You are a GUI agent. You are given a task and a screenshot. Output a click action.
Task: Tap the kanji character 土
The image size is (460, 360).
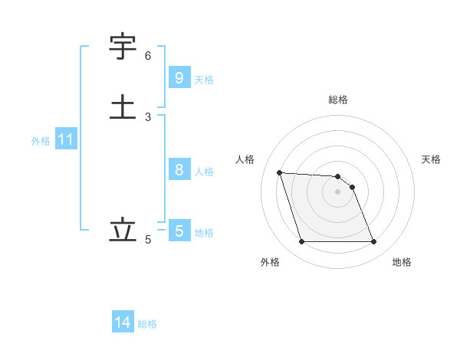pos(123,106)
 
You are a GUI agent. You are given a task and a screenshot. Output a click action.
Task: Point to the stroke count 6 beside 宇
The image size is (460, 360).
pos(148,56)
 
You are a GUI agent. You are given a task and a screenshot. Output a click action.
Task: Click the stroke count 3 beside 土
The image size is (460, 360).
pos(148,116)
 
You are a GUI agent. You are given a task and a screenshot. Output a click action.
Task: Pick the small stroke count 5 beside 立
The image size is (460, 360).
pos(148,240)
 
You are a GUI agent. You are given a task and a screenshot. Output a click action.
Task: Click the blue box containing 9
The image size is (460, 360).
pos(179,78)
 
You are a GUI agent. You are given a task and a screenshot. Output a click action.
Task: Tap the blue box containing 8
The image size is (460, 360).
pos(179,170)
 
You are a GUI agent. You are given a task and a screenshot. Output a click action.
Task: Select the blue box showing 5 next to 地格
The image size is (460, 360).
pos(179,231)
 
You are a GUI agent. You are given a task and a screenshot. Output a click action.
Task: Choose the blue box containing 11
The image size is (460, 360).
pos(66,140)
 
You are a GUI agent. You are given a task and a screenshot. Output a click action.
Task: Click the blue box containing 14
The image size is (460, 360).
pos(123,322)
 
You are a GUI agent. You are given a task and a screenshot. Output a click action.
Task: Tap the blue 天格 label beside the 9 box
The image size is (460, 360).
pos(204,79)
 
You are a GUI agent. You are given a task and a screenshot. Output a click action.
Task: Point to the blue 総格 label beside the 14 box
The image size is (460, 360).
pos(147,324)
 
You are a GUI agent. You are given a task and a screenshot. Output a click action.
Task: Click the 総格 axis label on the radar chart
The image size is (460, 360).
pos(338,100)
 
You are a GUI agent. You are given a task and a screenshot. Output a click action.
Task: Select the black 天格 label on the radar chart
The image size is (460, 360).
pos(431,159)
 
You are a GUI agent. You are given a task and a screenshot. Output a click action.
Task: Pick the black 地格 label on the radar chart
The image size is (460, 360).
pos(402,262)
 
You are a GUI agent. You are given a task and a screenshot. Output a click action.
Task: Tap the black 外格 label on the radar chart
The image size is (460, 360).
pos(270,262)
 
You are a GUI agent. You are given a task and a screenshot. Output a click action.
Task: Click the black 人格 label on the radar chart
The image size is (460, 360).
pos(245,159)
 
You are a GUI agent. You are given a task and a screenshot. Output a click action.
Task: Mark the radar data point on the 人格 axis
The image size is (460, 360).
pos(279,172)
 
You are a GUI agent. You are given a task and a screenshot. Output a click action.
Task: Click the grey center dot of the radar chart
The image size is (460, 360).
pos(338,191)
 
